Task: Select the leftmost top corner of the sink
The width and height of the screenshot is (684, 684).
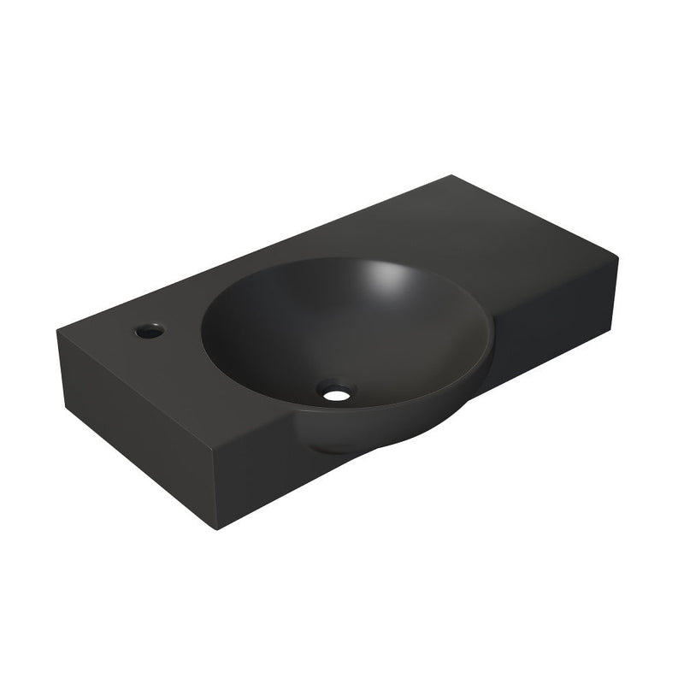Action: pos(59,328)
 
